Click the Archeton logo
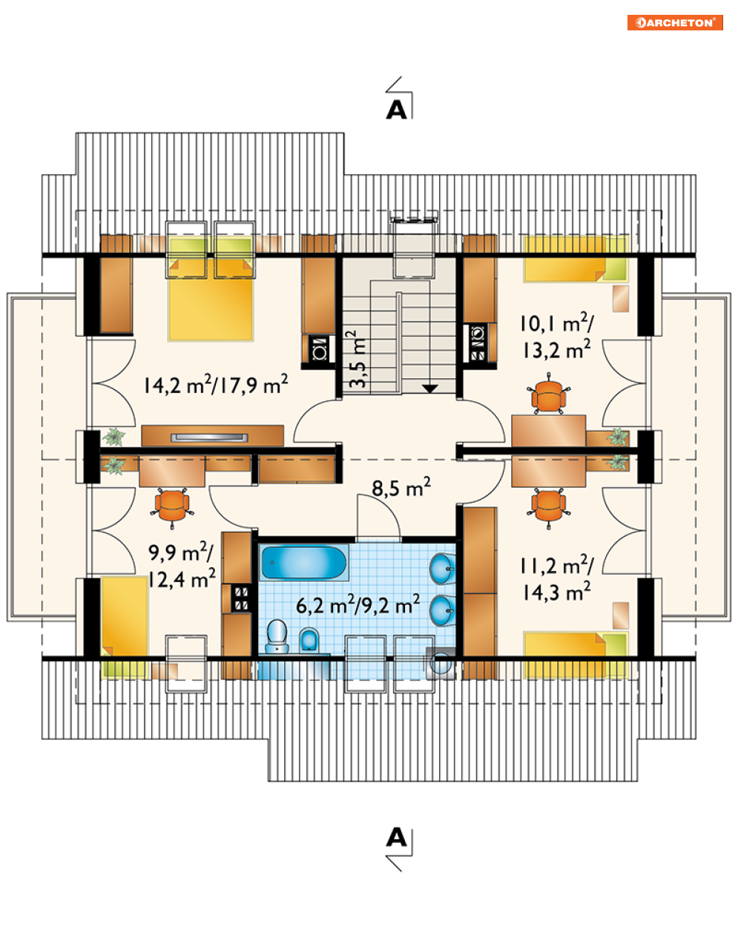(675, 22)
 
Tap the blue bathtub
(303, 563)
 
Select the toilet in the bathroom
(277, 636)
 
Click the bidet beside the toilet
(309, 640)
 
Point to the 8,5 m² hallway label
(401, 487)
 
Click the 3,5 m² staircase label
(358, 359)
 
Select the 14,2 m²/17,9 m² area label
(216, 384)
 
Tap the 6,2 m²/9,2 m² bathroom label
(358, 604)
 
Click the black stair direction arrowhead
(429, 388)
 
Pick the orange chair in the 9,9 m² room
(172, 506)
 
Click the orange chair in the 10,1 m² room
(548, 394)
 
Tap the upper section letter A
(396, 110)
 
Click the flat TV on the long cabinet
(209, 437)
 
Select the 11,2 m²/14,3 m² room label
(556, 580)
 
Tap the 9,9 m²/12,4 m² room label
(182, 566)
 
